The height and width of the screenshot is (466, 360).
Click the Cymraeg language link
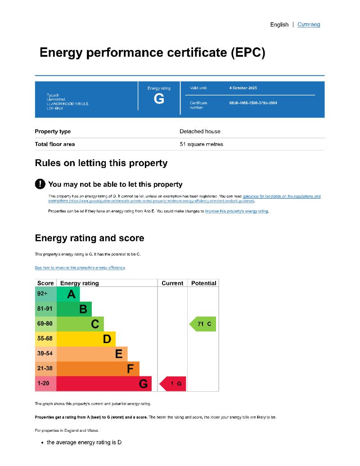(309, 24)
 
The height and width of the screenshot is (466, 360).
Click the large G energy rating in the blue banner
(159, 99)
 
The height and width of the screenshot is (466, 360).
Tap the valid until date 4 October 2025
(243, 88)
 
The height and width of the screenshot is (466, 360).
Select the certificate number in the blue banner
(253, 103)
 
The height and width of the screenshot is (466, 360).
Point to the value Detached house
(200, 131)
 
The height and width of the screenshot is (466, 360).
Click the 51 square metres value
(201, 145)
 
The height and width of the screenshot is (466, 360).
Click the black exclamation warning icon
(40, 184)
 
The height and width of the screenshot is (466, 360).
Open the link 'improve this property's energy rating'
(237, 211)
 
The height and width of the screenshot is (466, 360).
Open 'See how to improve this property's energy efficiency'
(80, 268)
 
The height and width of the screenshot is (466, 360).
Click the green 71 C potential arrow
(203, 324)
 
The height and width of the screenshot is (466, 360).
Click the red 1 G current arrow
(173, 384)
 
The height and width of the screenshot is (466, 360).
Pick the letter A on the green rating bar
(71, 294)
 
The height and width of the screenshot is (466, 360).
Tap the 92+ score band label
(42, 294)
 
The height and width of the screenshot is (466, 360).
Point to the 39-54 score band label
(45, 354)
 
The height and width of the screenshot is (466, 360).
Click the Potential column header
(203, 283)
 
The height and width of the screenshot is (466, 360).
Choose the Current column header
(172, 283)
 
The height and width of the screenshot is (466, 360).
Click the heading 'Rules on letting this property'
(101, 163)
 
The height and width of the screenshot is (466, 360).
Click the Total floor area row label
(55, 145)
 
